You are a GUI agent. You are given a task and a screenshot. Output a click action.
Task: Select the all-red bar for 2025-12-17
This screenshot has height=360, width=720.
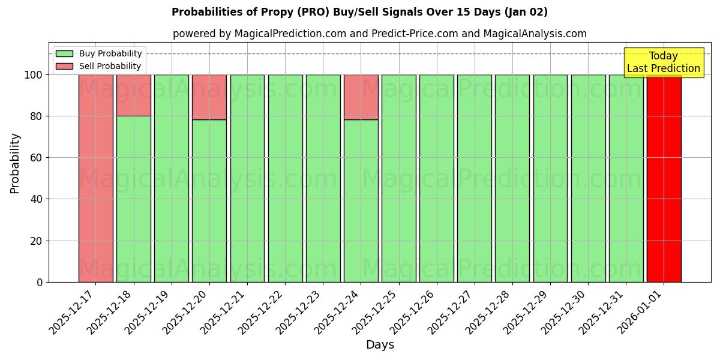95,178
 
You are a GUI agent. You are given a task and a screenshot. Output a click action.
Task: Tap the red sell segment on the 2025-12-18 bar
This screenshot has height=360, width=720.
133,95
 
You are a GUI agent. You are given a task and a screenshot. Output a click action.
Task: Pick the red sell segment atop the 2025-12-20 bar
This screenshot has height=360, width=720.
209,97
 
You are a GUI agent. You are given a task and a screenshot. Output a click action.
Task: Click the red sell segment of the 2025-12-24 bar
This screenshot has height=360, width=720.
361,97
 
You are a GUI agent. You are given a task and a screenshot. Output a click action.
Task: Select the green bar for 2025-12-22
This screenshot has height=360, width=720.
285,178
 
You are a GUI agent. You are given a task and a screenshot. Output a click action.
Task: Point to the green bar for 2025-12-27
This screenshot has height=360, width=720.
474,178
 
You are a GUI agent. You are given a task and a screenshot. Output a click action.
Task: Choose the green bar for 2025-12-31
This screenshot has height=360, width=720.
626,178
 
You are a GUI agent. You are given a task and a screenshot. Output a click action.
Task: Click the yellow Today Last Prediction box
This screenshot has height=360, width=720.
663,62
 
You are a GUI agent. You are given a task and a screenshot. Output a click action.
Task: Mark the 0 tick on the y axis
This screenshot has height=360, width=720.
40,282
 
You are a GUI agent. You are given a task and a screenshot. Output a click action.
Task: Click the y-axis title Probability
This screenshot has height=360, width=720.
15,163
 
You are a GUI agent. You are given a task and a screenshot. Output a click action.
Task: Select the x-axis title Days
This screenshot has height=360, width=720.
380,345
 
